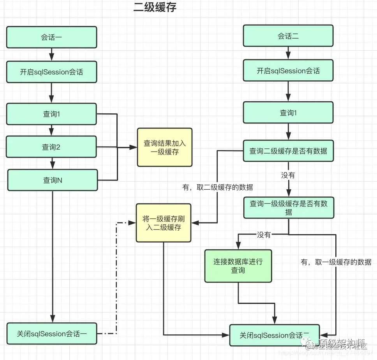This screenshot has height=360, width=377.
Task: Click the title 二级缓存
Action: [155, 7]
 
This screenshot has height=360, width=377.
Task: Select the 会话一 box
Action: [51, 37]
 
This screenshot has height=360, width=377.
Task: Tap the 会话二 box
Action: [288, 36]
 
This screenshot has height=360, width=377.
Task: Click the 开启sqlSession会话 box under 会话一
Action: [51, 71]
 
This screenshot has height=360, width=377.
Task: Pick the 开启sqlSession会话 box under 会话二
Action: [288, 71]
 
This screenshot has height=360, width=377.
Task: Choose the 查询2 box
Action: [51, 147]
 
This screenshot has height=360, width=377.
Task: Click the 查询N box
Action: [53, 180]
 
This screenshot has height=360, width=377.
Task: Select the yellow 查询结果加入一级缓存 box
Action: [164, 147]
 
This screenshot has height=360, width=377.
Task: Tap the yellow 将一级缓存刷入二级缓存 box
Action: [164, 223]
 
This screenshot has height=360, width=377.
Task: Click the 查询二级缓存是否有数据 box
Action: [288, 151]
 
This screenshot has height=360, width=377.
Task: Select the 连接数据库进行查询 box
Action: [238, 266]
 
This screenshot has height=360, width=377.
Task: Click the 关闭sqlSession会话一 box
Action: [52, 334]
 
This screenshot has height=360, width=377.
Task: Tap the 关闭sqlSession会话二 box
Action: [274, 335]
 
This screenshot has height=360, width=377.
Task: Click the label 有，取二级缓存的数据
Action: [217, 187]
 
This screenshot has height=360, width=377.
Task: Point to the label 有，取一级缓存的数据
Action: [336, 262]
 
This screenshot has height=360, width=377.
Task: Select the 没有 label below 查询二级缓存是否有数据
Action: [288, 175]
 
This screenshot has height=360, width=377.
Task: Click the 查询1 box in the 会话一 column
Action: [51, 114]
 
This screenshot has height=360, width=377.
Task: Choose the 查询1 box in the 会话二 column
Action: [288, 113]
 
